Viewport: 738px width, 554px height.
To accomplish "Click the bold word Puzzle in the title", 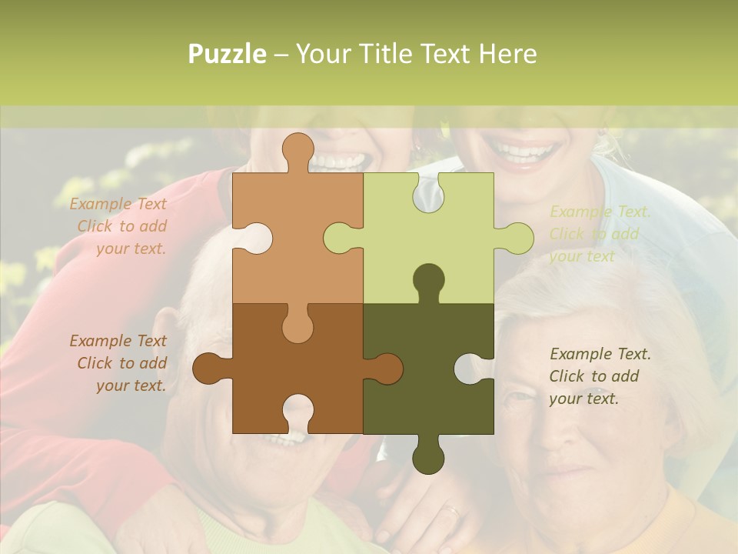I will coord(227,54).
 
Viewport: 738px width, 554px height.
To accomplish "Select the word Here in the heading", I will coord(507,54).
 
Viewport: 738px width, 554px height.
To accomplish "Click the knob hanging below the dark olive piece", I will coord(428,458).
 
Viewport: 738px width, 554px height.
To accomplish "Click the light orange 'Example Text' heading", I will coord(118,204).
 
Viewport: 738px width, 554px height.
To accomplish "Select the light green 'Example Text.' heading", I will coord(600,212).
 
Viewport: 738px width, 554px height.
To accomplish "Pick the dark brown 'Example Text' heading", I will coord(118,341).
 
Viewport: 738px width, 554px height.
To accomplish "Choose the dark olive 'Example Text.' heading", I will coord(600,354).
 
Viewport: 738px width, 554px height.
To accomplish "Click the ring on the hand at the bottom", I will coord(452,509).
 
